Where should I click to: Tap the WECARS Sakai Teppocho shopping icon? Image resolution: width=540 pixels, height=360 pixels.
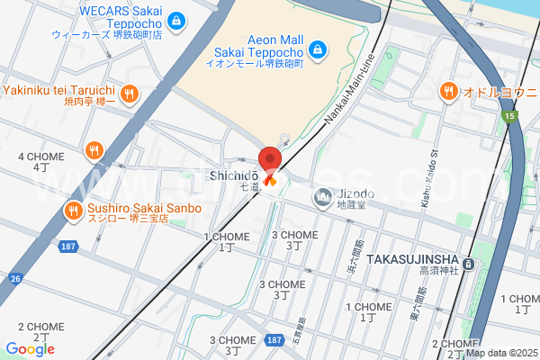(x=177, y=19)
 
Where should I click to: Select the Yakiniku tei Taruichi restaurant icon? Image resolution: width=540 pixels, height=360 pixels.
(x=130, y=92)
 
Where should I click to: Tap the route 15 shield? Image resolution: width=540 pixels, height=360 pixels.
(x=511, y=116)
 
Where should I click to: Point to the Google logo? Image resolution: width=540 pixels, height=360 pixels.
(x=30, y=349)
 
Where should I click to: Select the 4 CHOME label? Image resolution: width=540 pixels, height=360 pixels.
(x=40, y=157)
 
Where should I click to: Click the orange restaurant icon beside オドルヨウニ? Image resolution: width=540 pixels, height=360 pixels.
(x=447, y=91)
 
